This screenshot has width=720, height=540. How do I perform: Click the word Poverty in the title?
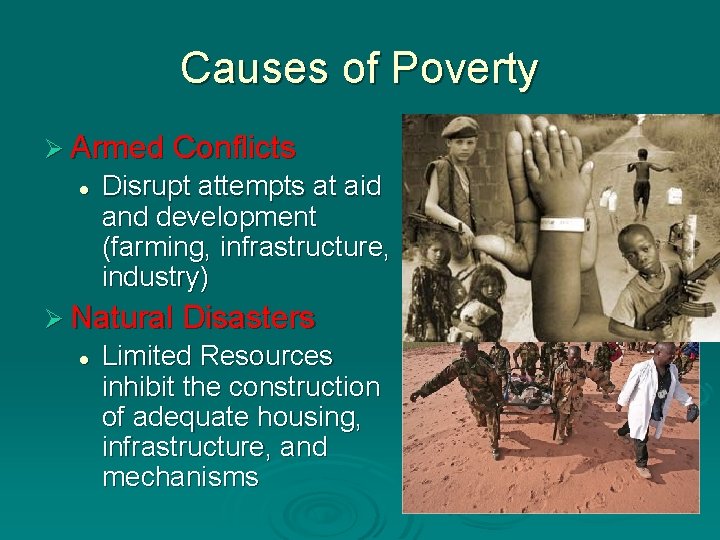(x=465, y=69)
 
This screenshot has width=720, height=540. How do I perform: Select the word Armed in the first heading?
(x=117, y=149)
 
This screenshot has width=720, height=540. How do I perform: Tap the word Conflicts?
(x=234, y=149)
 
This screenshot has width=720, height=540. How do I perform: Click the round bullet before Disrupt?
(x=86, y=188)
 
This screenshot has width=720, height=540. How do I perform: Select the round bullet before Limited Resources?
(x=86, y=357)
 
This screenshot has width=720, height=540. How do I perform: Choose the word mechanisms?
(x=180, y=477)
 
